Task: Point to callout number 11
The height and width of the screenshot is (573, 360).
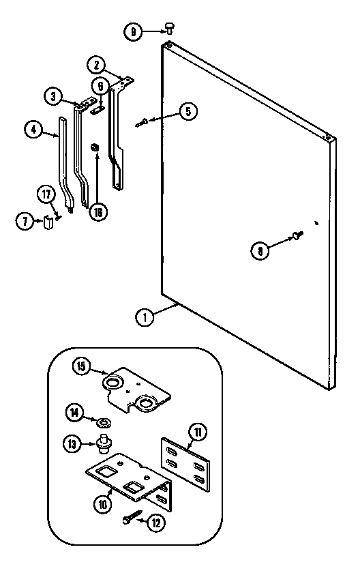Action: pos(198,432)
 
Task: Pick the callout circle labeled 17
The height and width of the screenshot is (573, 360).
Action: pos(47,195)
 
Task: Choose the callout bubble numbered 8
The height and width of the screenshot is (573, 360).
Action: pos(260,250)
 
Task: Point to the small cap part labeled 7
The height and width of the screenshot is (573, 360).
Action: pos(48,222)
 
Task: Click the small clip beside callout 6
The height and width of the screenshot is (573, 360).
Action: pos(98,106)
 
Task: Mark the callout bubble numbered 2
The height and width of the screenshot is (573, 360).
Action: pos(96,65)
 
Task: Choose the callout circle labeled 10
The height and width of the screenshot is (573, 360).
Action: pos(102,505)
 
